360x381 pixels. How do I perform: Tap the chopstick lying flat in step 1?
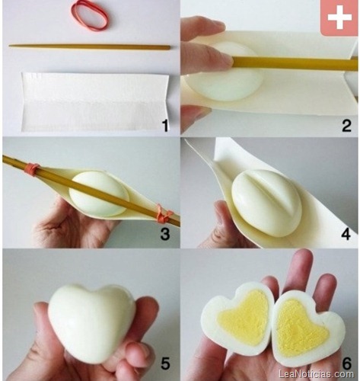(90, 47)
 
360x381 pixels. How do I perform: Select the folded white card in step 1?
(94, 101)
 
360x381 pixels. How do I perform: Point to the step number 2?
(346, 125)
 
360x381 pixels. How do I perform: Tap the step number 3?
(165, 234)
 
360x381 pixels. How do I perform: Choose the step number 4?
(346, 234)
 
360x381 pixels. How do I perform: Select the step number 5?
(165, 363)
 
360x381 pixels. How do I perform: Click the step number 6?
(346, 363)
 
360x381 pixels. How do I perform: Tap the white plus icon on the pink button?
(339, 17)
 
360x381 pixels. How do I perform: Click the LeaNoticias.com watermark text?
(316, 373)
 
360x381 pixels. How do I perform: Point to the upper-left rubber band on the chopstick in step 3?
(32, 169)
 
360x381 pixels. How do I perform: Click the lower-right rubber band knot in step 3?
(163, 213)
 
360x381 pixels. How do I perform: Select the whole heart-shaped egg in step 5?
(92, 322)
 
